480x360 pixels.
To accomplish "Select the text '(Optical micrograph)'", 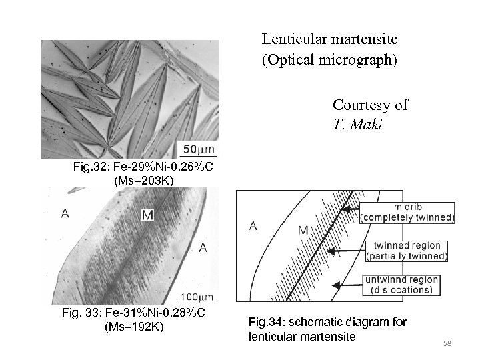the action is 329,61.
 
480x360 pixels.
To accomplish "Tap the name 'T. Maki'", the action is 357,125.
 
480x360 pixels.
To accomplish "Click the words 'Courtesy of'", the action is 371,105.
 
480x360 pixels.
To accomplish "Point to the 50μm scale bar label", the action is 199,147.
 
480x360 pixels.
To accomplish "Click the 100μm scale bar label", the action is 198,295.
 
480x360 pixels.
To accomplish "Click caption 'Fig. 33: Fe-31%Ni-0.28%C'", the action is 133,313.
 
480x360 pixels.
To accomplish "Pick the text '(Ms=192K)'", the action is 133,327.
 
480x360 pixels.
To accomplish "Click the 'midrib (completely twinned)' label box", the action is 407,212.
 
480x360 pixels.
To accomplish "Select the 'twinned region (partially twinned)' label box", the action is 407,251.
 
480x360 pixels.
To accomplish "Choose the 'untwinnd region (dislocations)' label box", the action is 402,285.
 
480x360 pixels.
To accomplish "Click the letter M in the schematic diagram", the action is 303,230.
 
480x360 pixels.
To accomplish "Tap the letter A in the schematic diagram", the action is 253,225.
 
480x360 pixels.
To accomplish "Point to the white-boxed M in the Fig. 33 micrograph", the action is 147,214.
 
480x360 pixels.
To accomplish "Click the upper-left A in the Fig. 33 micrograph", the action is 65,213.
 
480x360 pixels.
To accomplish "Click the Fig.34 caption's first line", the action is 327,323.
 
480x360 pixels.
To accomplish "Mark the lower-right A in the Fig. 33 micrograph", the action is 203,248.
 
